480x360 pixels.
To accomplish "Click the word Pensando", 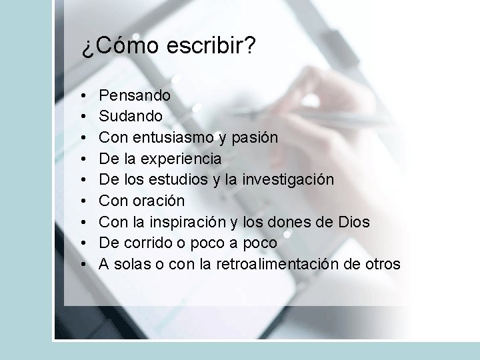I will pos(135,96).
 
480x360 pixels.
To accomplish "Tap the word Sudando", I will pos(131,116).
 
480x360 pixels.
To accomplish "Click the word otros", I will pos(382,264).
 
